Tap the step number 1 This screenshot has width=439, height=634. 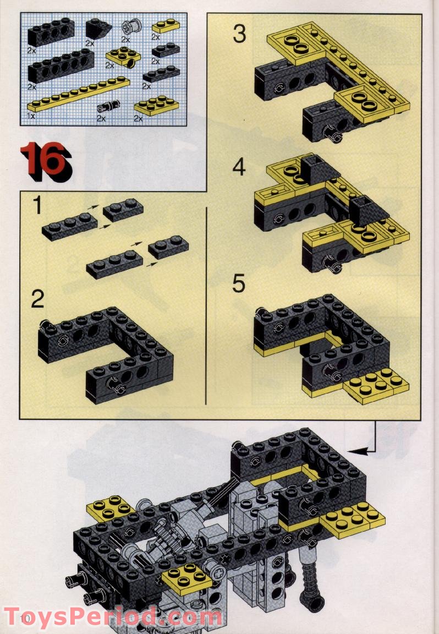tap(37, 205)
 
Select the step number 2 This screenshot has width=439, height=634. tap(37, 299)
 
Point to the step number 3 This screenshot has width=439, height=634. tap(239, 34)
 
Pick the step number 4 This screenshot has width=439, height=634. tap(239, 167)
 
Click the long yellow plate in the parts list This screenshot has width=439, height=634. tap(79, 95)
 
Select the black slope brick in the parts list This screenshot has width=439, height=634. tap(98, 29)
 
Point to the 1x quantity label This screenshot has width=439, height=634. tap(31, 116)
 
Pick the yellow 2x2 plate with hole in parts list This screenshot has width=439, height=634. tap(123, 57)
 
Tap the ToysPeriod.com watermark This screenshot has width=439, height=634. tap(112, 618)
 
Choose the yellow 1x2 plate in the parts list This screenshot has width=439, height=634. tap(166, 26)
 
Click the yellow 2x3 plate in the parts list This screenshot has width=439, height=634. tap(157, 106)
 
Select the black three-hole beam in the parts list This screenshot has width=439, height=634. tap(51, 32)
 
